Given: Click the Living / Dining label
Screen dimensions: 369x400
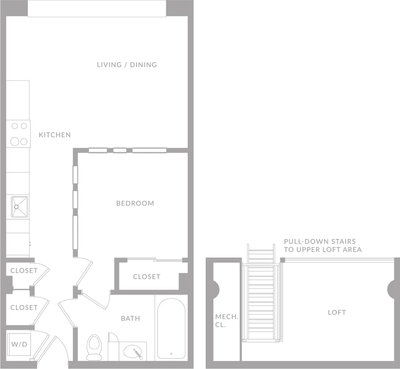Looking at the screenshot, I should [127, 65].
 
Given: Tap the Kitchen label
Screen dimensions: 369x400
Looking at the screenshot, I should [55, 135].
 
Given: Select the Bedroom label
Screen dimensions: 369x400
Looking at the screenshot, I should [135, 203].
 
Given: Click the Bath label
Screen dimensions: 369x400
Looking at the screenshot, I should [130, 318].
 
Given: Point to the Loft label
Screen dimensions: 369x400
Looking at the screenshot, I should [336, 312].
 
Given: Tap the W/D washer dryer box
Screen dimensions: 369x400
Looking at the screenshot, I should [19, 344].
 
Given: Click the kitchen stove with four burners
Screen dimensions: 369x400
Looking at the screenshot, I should [19, 134].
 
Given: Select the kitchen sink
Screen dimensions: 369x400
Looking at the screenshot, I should [19, 206].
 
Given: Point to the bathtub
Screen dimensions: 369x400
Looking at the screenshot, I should [171, 328].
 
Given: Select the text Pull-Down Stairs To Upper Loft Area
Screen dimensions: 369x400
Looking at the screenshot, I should [322, 245].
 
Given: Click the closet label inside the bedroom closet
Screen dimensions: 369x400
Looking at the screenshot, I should [146, 276].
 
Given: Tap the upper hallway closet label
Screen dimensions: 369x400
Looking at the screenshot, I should [24, 270].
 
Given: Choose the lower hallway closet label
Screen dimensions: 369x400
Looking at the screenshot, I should [24, 307].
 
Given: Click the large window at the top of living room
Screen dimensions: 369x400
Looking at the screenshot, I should [97, 8].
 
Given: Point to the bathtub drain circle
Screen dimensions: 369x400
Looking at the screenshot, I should [171, 354].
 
